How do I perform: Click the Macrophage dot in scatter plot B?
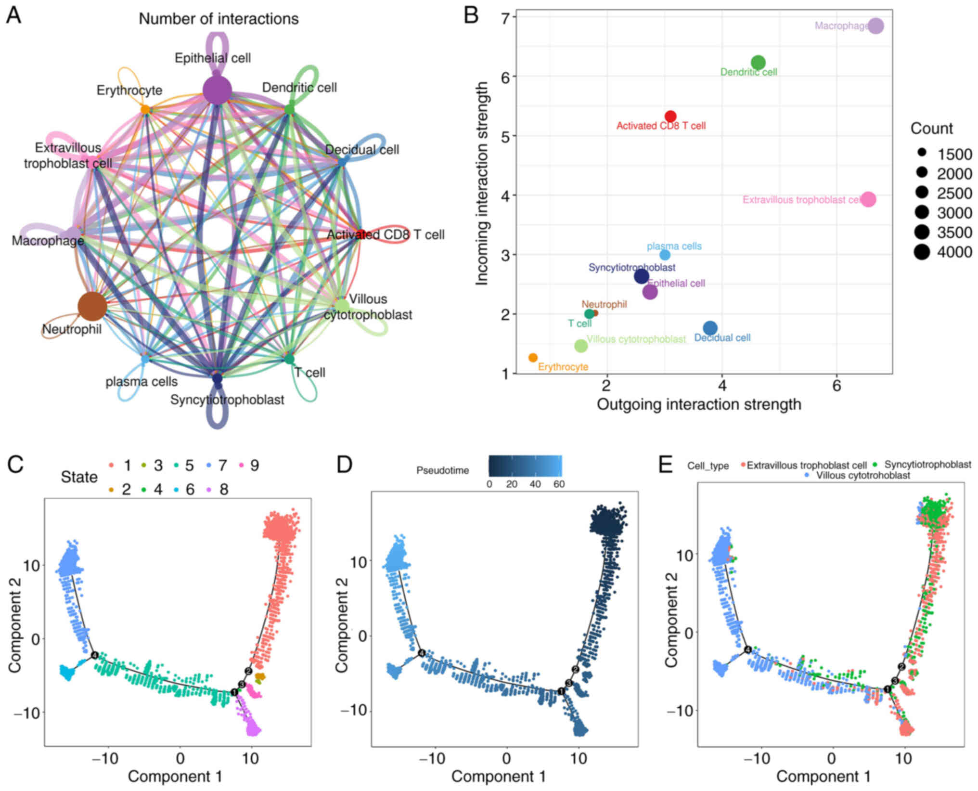875,26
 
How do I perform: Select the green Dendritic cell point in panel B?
758,63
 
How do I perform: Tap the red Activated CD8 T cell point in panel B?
670,116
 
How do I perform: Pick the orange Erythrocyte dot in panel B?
533,358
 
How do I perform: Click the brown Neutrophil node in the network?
92,306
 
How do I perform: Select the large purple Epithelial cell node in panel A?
217,90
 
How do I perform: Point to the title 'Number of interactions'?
219,19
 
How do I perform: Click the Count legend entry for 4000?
922,252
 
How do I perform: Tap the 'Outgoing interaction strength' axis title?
699,404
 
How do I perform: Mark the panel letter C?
15,465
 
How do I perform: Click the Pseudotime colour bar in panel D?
525,466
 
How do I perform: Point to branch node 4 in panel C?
95,655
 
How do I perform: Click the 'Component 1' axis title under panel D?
498,777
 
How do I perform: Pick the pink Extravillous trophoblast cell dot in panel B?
868,199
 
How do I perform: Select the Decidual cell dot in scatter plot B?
710,328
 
